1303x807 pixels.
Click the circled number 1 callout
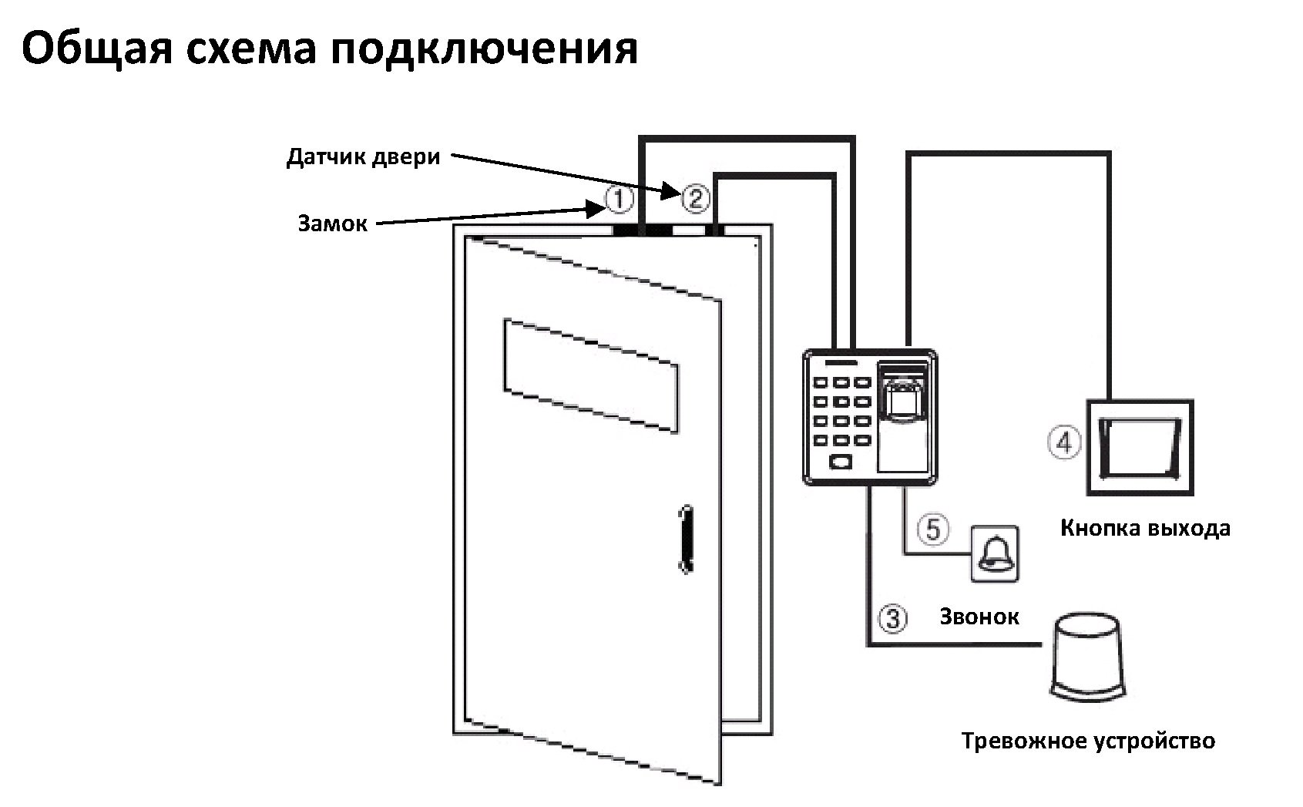pos(618,200)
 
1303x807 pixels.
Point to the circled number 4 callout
pos(1064,443)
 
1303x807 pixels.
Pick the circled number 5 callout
pos(932,530)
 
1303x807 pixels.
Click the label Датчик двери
pos(363,157)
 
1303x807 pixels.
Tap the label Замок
pos(333,224)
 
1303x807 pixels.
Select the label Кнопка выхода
pos(1145,529)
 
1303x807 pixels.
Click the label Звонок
pos(979,617)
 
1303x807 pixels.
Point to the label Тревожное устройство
pos(1088,741)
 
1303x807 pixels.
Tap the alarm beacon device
pos(1089,657)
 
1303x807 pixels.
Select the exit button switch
pos(1140,448)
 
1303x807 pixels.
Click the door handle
pos(683,540)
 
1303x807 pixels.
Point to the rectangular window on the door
pos(591,375)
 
